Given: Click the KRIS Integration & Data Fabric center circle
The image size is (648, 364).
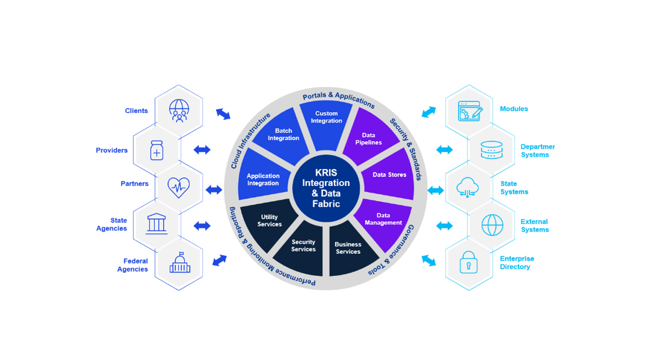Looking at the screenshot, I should [326, 188].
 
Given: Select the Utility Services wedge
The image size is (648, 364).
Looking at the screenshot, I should [268, 221].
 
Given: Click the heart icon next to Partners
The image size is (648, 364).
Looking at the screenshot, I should [179, 187].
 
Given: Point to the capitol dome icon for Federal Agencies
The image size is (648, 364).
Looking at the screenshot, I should [179, 263].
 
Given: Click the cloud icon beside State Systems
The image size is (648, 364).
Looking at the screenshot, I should [468, 187].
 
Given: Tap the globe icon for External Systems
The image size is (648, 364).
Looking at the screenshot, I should [492, 225].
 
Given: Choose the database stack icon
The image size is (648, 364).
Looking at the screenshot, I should [491, 150].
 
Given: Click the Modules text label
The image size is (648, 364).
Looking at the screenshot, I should [514, 109].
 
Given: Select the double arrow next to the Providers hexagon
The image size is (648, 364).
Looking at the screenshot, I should [202, 150].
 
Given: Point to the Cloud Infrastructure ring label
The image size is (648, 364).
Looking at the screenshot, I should [249, 141].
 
